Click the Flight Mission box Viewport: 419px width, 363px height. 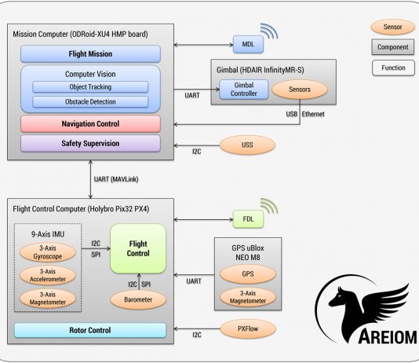pos(90,53)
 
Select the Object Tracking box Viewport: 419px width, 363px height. pos(90,87)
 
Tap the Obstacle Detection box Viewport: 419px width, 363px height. pos(90,102)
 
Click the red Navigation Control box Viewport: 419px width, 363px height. pos(90,124)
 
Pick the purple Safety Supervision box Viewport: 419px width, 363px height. pos(90,143)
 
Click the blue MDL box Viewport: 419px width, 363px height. pos(248,44)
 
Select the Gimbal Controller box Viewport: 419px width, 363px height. pos(244,90)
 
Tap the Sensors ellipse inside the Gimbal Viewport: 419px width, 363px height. pos(300,90)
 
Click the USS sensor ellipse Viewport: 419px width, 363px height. pos(247,145)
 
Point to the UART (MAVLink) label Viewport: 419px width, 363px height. pos(116,179)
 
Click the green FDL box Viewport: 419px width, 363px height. pos(248,219)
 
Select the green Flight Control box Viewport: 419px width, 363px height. pos(138,248)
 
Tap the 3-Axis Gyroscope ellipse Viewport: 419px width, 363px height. pos(48,252)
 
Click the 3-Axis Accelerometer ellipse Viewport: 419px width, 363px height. pos(48,275)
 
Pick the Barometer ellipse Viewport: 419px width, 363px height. pos(138,299)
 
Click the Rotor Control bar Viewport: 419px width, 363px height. pos(90,330)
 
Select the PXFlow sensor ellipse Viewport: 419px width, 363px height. pos(248,328)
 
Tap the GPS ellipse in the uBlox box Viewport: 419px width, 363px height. pos(248,274)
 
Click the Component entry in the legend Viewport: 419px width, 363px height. pos(393,47)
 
